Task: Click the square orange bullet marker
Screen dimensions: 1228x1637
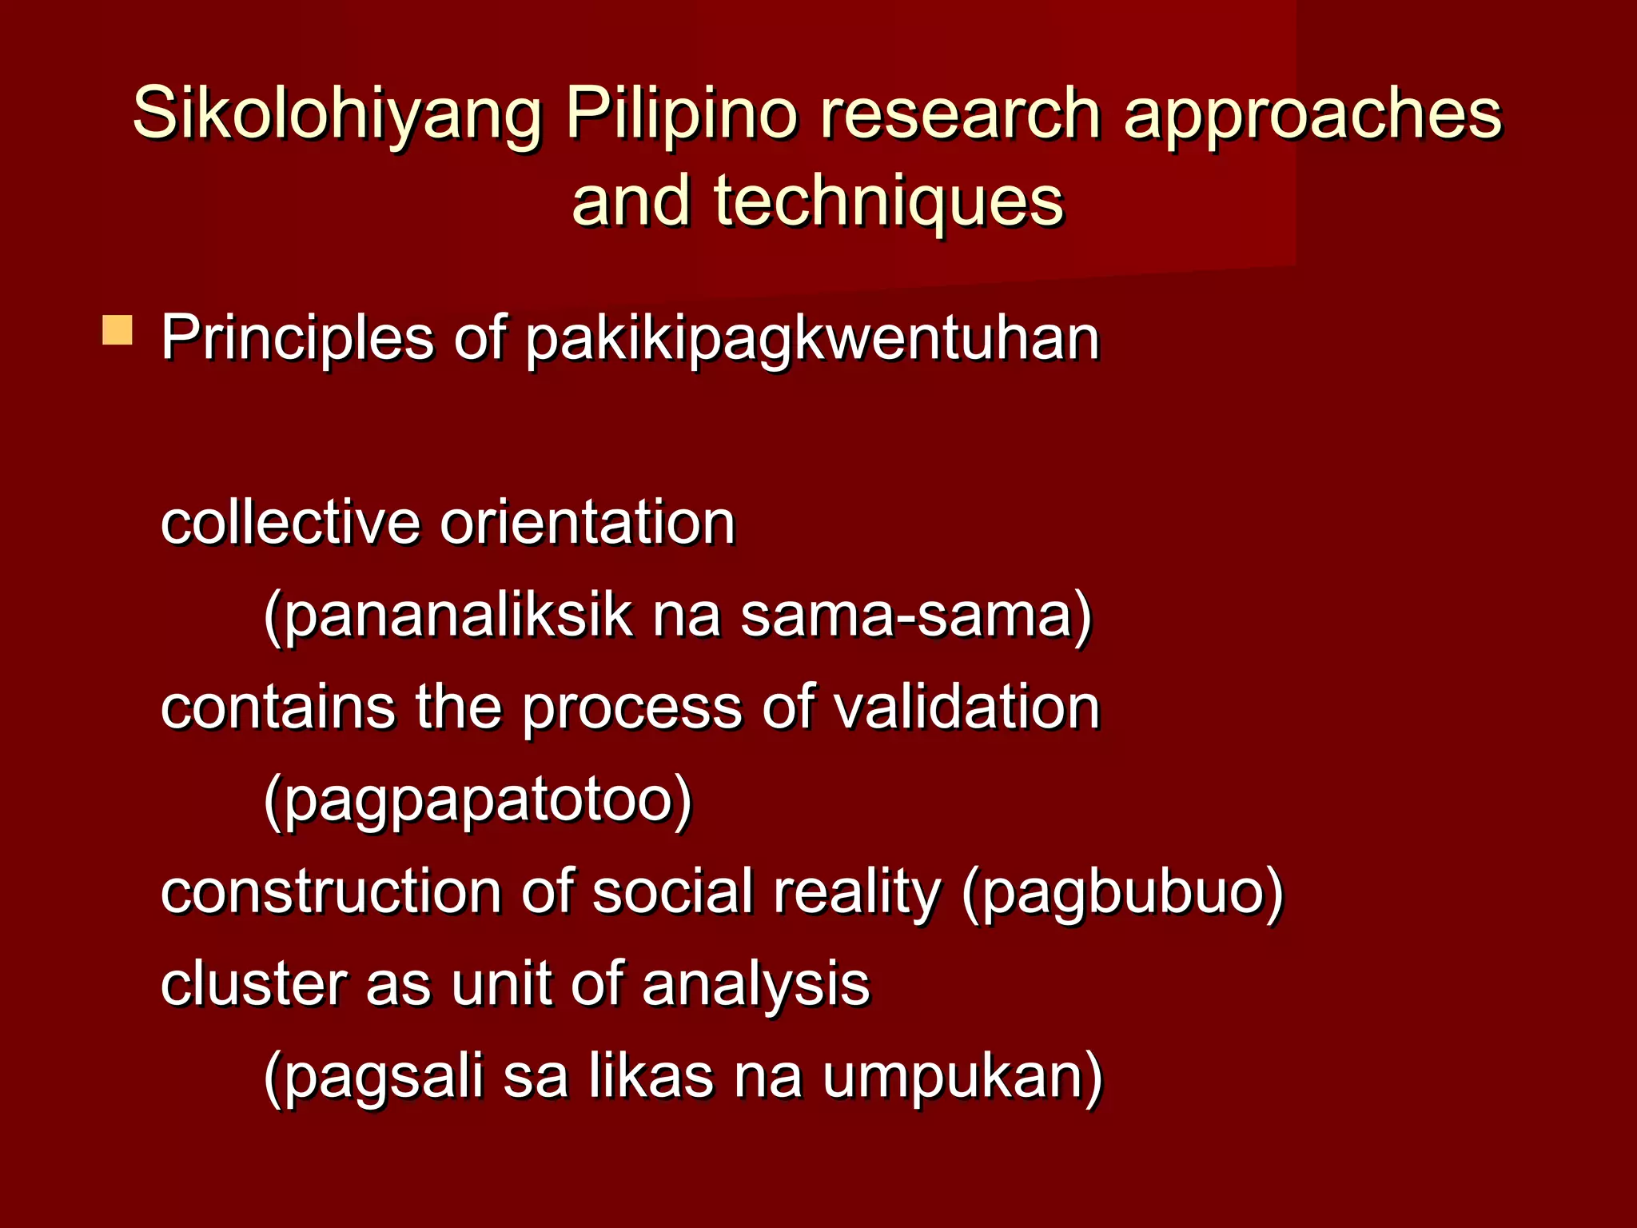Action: (117, 330)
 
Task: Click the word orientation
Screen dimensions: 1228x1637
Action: (587, 524)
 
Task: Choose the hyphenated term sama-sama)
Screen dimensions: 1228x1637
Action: (916, 617)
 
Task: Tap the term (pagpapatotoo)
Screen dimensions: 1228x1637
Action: (478, 802)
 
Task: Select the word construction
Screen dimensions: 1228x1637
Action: (331, 892)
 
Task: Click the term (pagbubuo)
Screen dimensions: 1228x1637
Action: (1122, 894)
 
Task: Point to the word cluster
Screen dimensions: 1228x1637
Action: (253, 984)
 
